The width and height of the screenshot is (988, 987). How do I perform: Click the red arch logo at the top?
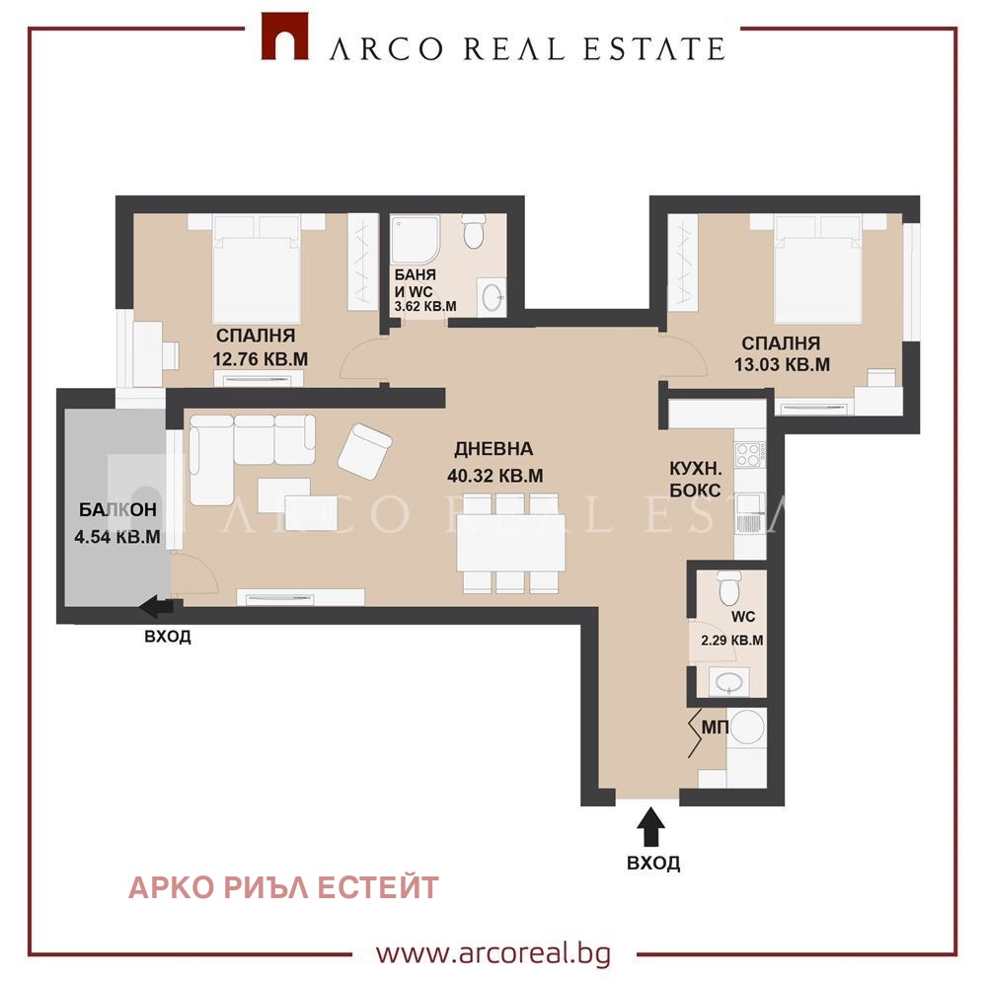coord(285,36)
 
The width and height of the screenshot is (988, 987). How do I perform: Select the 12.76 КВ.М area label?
coord(261,359)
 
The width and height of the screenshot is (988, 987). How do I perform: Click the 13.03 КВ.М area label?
coord(782,364)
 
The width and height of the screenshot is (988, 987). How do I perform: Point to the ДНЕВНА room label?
coord(494,449)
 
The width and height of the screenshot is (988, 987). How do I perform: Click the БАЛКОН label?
coord(117,509)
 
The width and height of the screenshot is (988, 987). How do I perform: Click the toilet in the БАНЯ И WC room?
coord(473,231)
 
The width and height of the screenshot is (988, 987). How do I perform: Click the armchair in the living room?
coord(365,450)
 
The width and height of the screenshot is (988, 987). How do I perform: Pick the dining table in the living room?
coord(510,542)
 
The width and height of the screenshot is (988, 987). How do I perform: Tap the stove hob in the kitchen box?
coord(750,454)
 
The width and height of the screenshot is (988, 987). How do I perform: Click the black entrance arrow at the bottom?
coord(650,827)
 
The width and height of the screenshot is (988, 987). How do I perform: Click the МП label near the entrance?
coord(715,727)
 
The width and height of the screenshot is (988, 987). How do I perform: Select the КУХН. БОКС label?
coord(695,479)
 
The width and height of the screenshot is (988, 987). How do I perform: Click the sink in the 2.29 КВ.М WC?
coord(729,681)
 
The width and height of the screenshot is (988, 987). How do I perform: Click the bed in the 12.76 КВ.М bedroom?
coord(257,268)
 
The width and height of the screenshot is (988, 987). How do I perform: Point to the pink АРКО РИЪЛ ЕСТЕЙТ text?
coord(283,887)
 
